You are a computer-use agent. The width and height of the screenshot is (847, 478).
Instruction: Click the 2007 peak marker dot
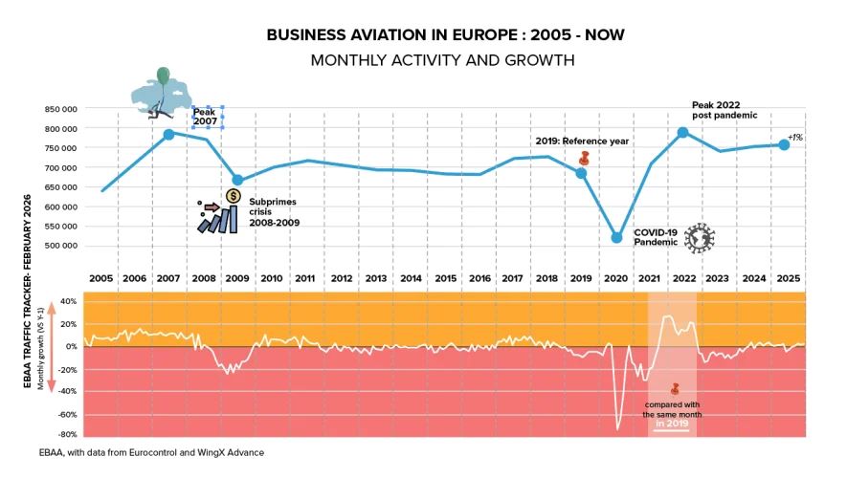coord(168,134)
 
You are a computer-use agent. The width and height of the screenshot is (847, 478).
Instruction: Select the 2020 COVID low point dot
coord(616,237)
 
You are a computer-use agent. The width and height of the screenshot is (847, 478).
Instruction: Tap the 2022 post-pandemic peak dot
coord(683,133)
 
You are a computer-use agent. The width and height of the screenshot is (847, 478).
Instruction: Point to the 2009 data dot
coord(237,180)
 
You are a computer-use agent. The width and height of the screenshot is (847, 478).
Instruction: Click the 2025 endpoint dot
coord(784,144)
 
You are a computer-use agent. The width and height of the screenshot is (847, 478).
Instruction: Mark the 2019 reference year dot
coord(581,173)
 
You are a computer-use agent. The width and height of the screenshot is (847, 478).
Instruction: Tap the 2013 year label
coord(376,278)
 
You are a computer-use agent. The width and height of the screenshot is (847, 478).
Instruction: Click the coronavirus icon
coord(700,238)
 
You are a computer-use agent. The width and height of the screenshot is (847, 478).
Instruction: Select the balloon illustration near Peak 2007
coord(159,93)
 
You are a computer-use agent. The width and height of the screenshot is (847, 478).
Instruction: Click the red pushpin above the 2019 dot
coord(584,157)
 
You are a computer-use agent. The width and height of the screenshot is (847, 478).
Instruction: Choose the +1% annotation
coord(795,138)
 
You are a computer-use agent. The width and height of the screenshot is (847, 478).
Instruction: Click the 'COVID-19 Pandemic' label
coord(656,237)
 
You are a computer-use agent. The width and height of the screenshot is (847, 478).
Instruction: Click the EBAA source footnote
coord(137,452)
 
